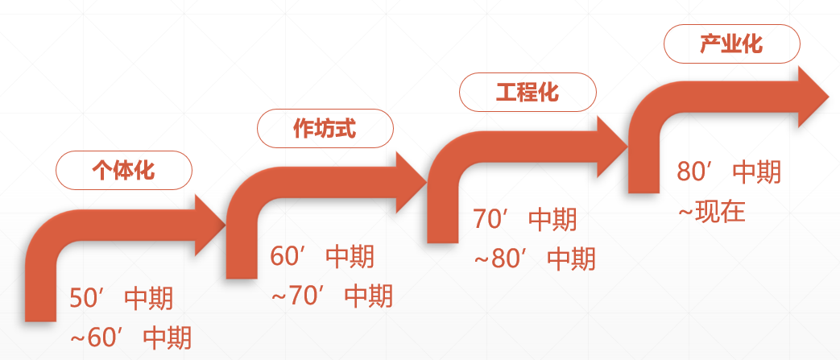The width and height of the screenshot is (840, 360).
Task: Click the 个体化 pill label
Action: coord(123,170)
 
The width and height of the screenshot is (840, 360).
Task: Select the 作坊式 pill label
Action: coord(325,128)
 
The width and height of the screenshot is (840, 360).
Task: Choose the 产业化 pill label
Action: coord(731,44)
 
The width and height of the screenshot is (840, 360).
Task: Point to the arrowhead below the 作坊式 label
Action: coord(408,179)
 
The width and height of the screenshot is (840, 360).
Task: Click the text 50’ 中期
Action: coord(121,300)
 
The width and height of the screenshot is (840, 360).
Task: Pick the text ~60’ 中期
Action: coord(131,337)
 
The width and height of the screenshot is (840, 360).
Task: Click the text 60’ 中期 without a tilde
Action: coord(322,258)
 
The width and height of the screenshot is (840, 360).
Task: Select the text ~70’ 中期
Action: coord(332,296)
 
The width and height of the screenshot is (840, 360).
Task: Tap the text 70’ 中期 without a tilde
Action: coord(525,220)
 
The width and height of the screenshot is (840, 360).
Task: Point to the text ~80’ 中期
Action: coord(534,259)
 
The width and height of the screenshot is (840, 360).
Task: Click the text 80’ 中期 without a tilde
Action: coord(729,172)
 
